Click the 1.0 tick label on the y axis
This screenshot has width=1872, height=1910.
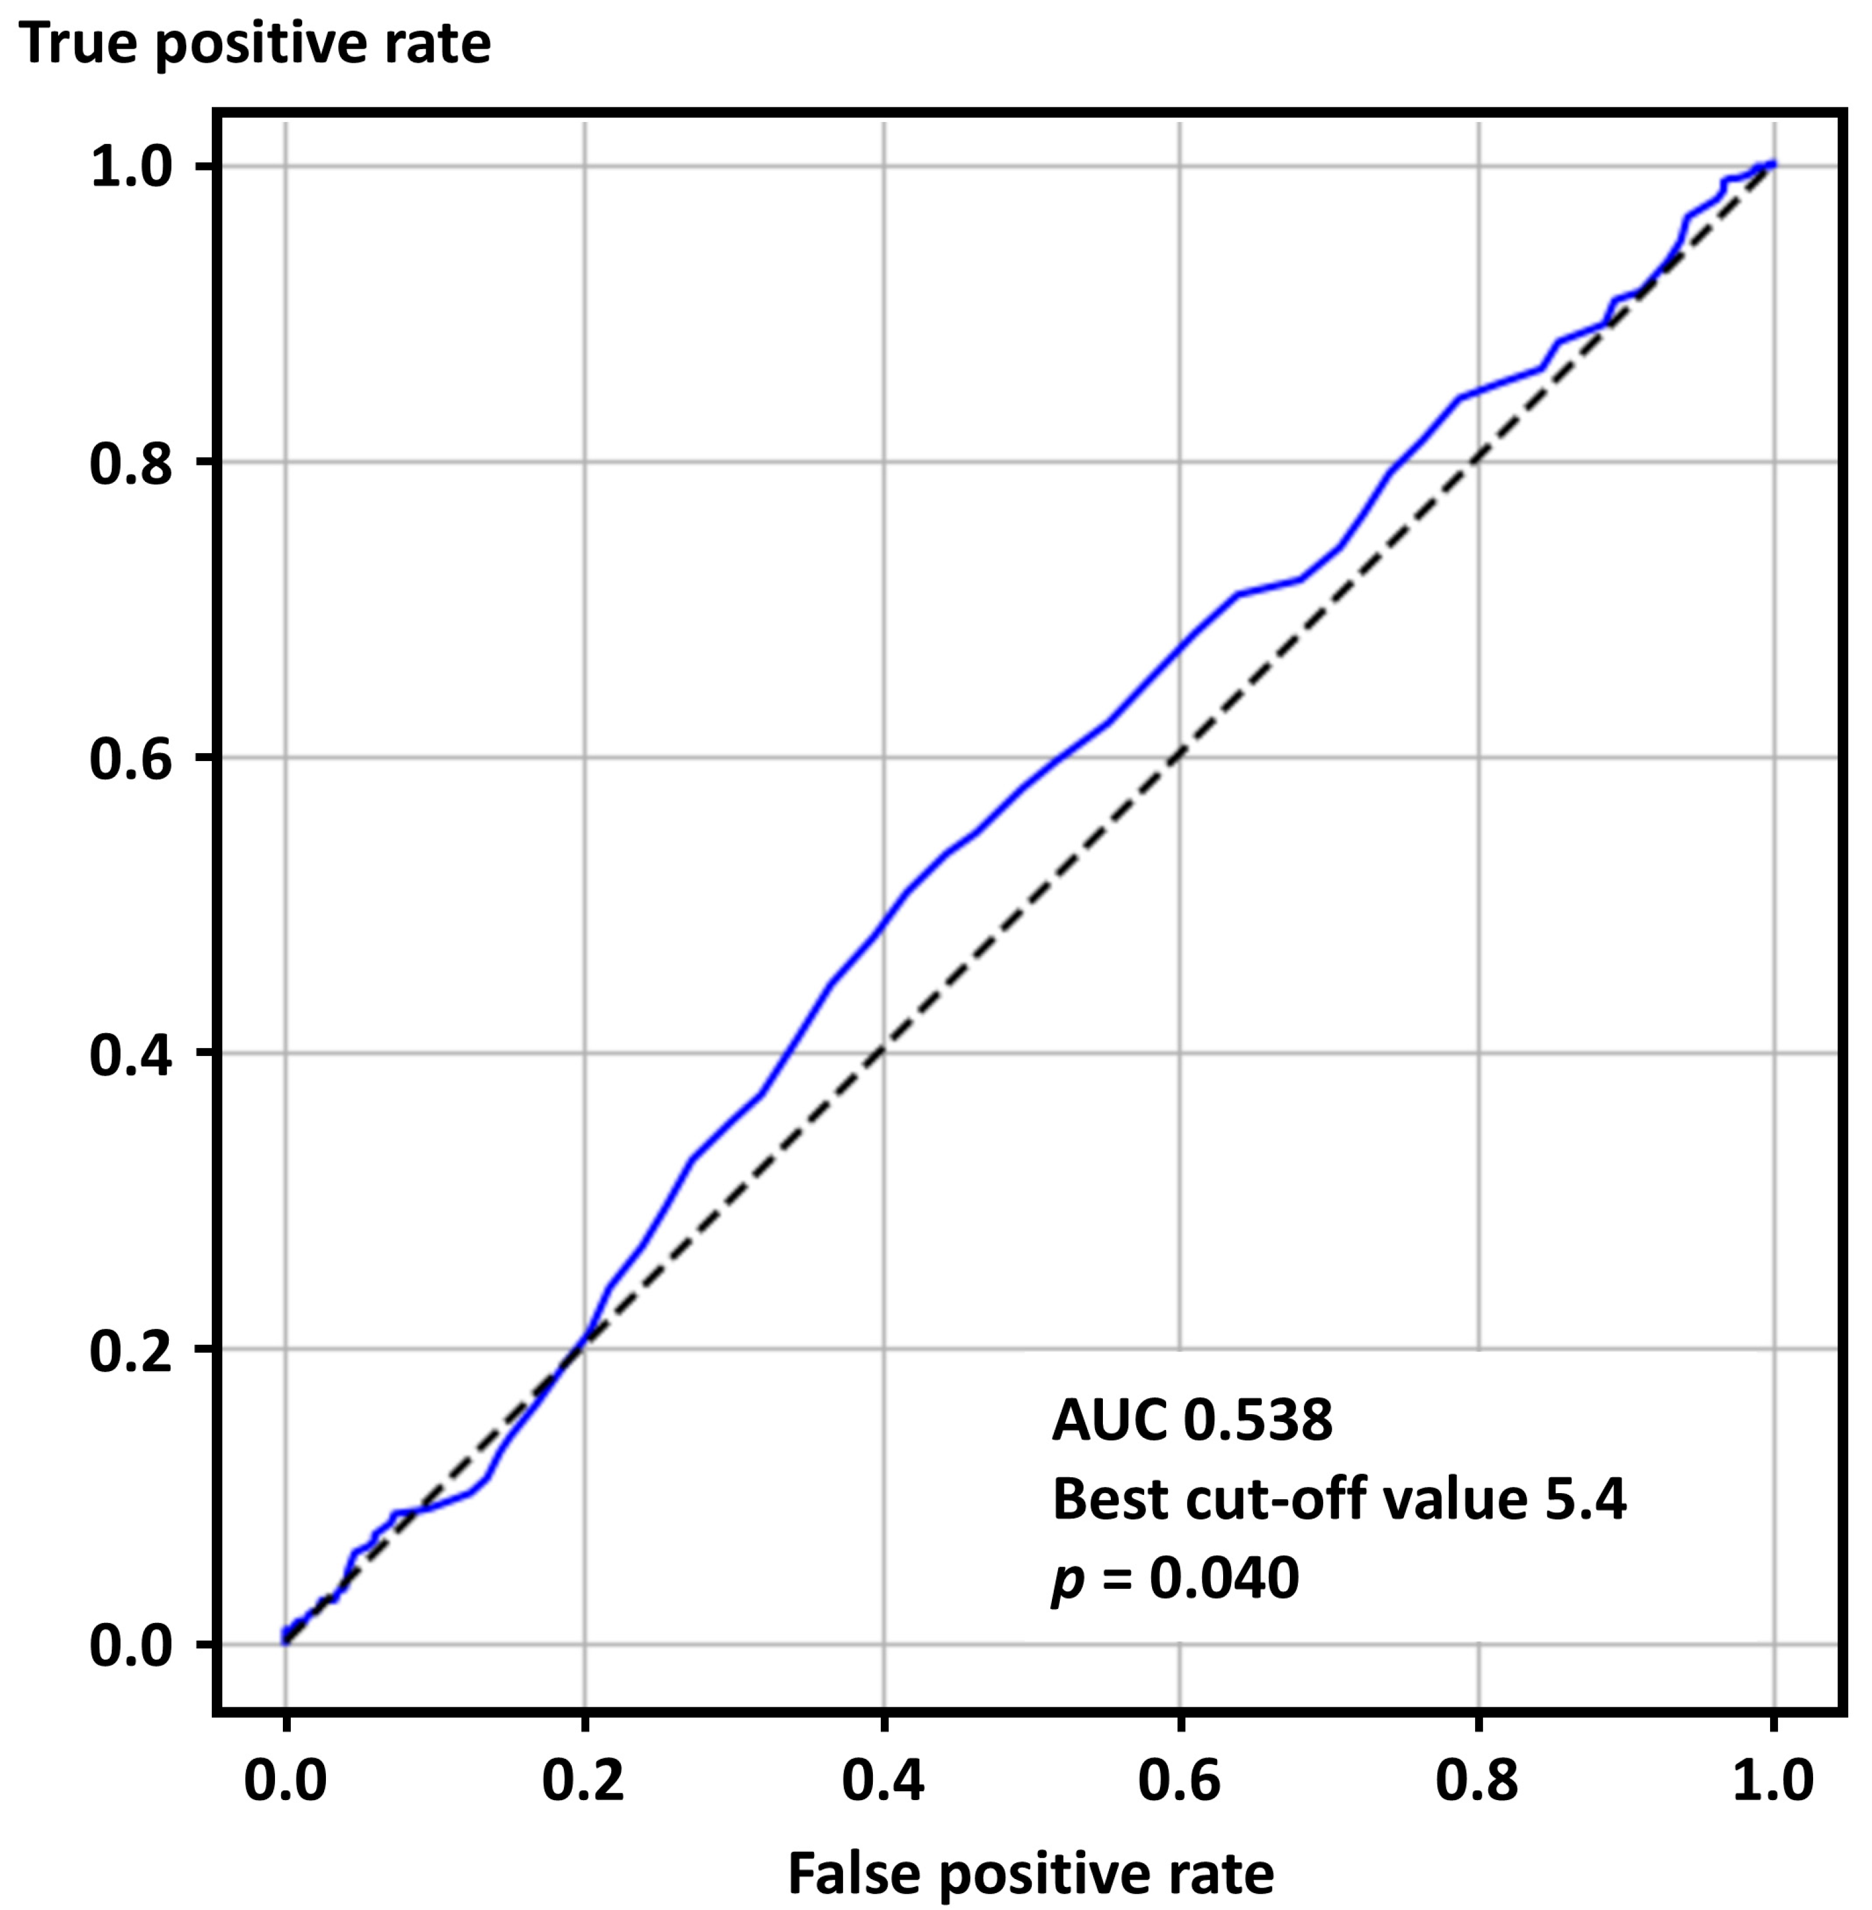coord(131,167)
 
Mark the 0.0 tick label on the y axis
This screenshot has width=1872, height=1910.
coord(131,1645)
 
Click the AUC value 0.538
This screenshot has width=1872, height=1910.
coord(1258,1420)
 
